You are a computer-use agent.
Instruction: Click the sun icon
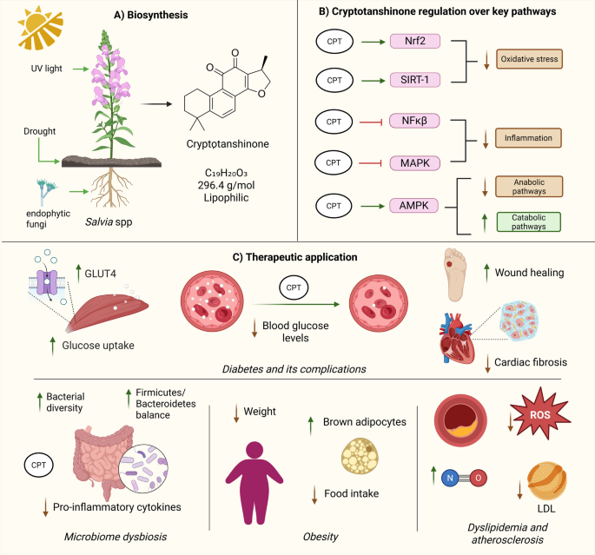tap(41, 28)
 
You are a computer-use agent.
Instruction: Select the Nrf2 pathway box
tap(415, 41)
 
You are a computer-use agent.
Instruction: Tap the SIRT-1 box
tap(415, 80)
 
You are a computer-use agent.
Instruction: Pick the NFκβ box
tap(414, 121)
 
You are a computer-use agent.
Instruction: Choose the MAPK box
tap(415, 163)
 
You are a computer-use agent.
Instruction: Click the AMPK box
tap(413, 206)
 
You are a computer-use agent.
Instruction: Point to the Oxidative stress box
tap(529, 59)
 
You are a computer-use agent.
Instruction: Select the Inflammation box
tap(528, 138)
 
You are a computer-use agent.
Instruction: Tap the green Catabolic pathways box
tap(529, 222)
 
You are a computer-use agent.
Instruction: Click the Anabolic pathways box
tap(529, 186)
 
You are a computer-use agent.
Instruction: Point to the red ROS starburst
tap(540, 414)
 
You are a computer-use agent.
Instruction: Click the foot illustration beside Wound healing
tap(455, 274)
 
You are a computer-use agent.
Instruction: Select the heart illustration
tap(457, 339)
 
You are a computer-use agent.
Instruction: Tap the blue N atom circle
tap(450, 478)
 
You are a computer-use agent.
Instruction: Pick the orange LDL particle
tap(547, 481)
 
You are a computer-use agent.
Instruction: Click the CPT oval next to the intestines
tap(39, 465)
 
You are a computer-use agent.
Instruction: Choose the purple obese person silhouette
tap(255, 483)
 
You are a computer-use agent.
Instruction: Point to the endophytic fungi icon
tap(46, 192)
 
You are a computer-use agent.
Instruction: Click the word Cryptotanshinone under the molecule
tap(228, 144)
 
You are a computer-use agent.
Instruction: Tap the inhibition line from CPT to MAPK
tap(370, 163)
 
